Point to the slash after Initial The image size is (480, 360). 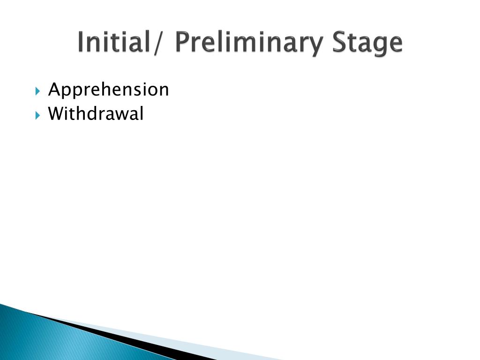click(x=162, y=43)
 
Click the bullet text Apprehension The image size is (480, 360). click(x=108, y=90)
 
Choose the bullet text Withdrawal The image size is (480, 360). click(x=96, y=114)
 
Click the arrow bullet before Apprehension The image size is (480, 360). click(x=38, y=90)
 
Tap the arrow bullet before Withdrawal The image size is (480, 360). click(x=38, y=114)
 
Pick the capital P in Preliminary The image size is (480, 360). click(x=182, y=42)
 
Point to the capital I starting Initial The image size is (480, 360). click(x=81, y=42)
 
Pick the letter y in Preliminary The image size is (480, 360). click(x=317, y=45)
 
